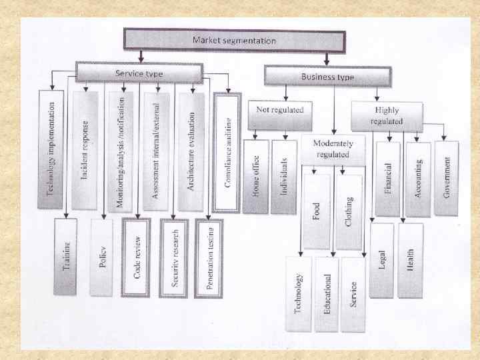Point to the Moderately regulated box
tap(333, 149)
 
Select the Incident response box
tap(86, 150)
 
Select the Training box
tap(65, 257)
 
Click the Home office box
tap(255, 176)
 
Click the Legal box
tap(382, 259)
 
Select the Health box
tap(411, 259)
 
